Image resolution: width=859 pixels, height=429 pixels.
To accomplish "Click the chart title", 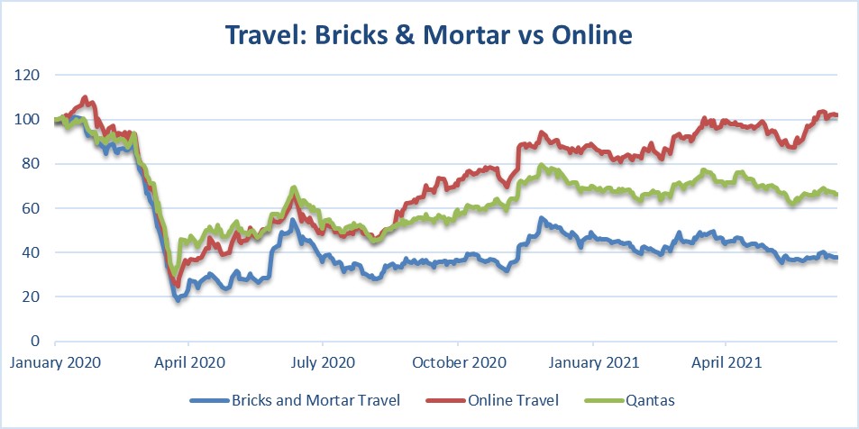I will coord(429,34).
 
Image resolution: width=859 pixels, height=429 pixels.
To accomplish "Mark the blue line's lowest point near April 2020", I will coord(178,299).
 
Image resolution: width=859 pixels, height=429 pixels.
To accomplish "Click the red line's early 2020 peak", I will coord(86,97).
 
